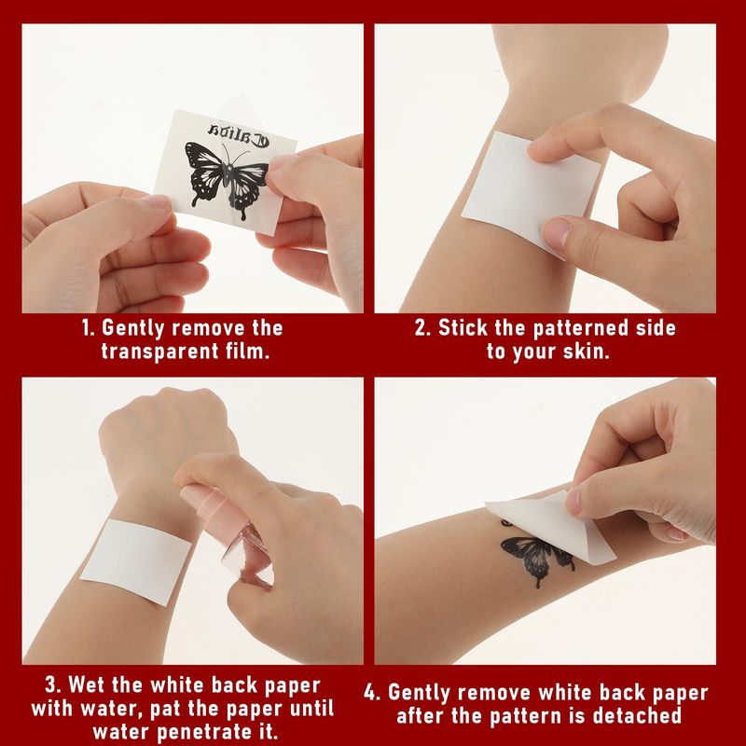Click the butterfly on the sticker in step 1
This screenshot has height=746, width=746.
click(x=227, y=179)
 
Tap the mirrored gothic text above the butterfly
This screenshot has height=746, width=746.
click(x=239, y=135)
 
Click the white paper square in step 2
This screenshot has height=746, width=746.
click(x=530, y=189)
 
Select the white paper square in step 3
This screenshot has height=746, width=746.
click(x=136, y=561)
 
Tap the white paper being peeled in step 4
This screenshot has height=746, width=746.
click(x=552, y=528)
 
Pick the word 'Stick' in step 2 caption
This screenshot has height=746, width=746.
click(x=463, y=328)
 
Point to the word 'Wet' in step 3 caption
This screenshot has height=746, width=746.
click(x=88, y=685)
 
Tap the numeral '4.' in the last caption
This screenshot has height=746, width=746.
click(x=372, y=693)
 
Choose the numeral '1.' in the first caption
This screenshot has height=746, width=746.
click(x=89, y=328)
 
